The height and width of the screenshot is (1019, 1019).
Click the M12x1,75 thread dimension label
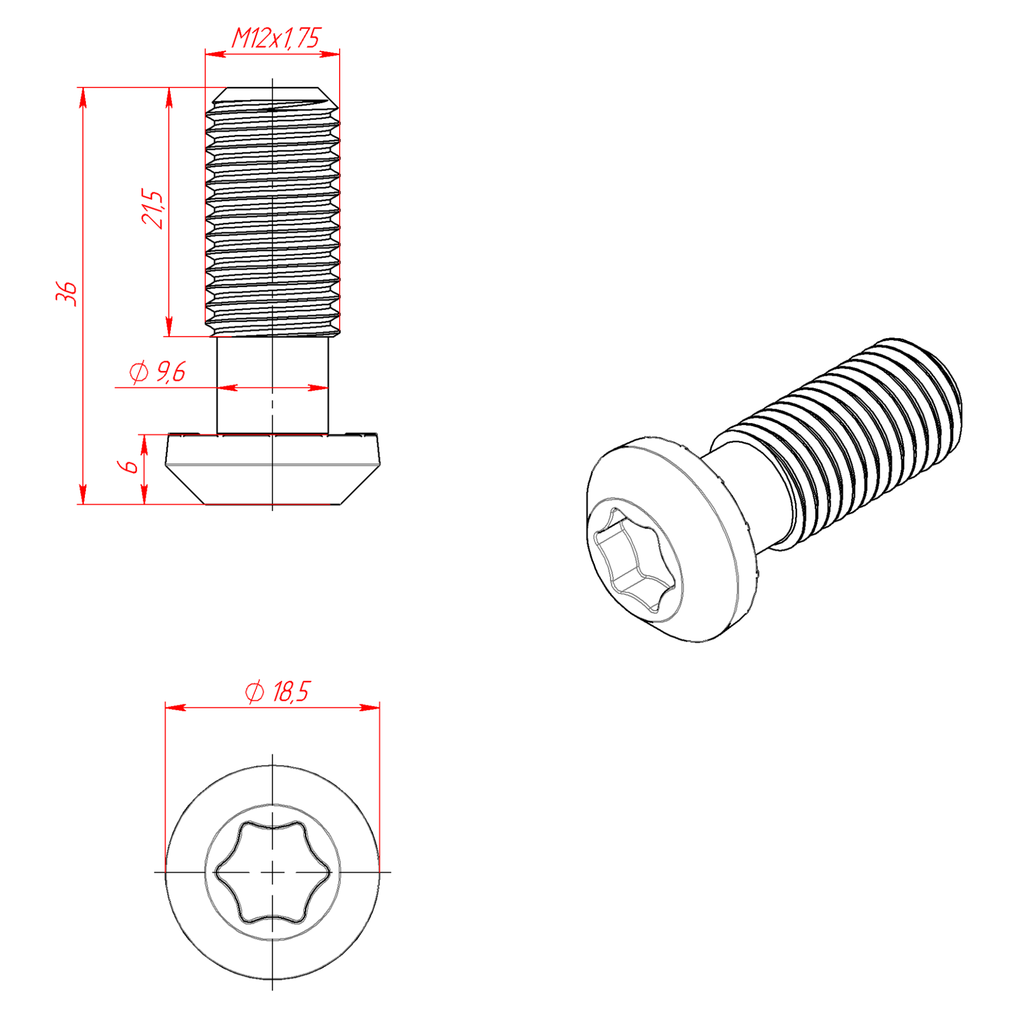(277, 38)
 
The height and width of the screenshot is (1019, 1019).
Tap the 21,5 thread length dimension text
(153, 209)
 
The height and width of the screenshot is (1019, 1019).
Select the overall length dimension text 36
(67, 294)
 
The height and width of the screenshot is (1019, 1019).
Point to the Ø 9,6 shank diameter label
(158, 372)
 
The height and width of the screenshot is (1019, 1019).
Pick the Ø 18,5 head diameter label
(277, 692)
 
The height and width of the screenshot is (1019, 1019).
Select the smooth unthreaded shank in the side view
(272, 385)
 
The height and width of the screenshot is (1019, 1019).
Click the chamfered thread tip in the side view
(272, 97)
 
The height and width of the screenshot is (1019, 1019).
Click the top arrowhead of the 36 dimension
(82, 98)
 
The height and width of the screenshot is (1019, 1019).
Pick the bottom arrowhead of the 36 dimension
(82, 494)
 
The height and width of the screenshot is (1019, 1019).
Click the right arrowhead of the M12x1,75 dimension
(330, 54)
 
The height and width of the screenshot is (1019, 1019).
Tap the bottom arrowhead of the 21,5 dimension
(169, 326)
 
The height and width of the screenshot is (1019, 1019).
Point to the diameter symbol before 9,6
(139, 372)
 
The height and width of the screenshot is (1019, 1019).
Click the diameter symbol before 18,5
(255, 692)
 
